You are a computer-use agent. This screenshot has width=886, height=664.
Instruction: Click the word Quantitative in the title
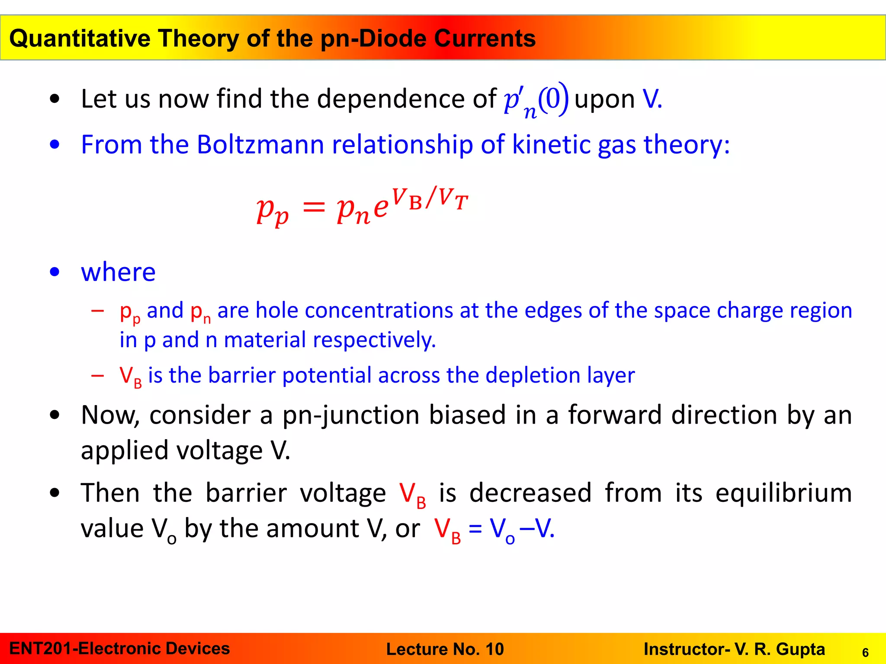tap(79, 38)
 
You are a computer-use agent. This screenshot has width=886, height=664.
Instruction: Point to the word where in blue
tap(118, 272)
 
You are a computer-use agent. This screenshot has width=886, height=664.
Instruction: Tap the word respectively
tap(374, 340)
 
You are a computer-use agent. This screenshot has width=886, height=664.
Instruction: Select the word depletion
tap(532, 375)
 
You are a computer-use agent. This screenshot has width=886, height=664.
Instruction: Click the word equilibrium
tap(783, 493)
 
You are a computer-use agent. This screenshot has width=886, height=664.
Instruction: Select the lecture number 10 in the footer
tap(494, 649)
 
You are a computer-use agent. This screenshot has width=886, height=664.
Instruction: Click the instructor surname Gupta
tap(800, 649)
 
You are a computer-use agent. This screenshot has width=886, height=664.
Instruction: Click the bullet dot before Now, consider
tap(55, 415)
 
